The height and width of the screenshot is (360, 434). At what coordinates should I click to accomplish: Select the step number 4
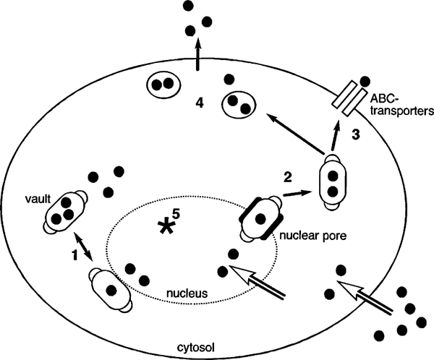(x=200, y=101)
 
